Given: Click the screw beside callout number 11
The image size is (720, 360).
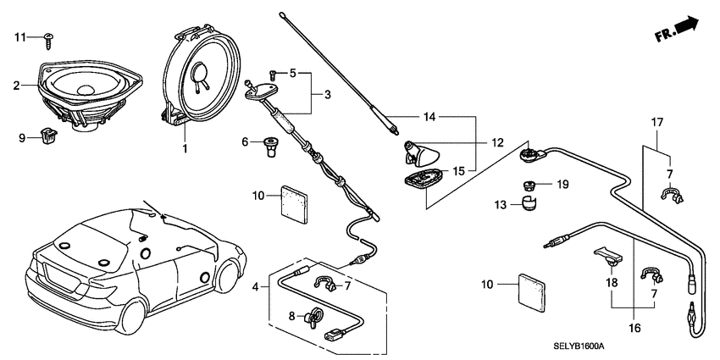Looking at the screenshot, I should tap(49, 37).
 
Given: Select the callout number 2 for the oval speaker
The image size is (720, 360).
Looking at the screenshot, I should tap(16, 85).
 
